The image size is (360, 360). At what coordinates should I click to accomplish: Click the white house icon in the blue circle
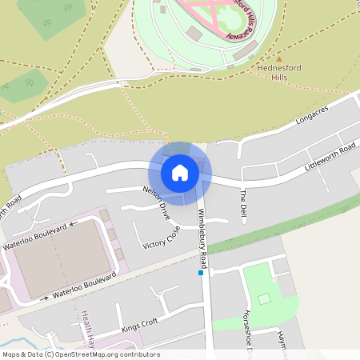(180, 172)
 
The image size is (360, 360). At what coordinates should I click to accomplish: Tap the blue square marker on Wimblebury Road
(201, 273)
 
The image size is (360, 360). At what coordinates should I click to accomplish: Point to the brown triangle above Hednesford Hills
(279, 58)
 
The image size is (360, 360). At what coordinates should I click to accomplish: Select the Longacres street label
(313, 118)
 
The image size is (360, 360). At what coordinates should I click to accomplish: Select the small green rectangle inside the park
(265, 298)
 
